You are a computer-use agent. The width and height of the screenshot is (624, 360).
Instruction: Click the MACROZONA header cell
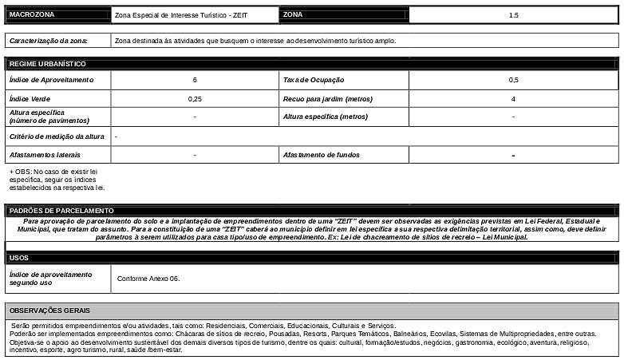32,15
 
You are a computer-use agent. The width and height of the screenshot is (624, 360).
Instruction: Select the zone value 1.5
513,15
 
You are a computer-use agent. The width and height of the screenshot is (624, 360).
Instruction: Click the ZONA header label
293,15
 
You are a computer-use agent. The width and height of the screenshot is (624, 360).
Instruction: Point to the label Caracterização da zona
48,41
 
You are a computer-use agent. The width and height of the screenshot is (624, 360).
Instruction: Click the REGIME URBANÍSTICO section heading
47,63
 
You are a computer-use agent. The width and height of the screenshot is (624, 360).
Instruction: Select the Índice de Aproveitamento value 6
195,80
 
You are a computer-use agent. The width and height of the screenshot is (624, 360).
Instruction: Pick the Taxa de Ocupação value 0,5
513,80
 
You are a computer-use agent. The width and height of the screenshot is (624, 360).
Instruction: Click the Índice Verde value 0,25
195,99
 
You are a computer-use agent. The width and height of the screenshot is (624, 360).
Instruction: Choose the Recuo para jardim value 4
513,99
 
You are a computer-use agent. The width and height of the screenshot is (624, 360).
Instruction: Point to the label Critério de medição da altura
56,136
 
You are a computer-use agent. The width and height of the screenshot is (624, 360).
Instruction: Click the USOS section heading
19,258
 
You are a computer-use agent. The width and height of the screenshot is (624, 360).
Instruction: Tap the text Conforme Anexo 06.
148,279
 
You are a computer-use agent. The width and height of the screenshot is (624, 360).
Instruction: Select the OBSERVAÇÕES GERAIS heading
49,310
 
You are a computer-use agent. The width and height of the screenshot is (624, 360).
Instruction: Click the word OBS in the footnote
22,171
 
